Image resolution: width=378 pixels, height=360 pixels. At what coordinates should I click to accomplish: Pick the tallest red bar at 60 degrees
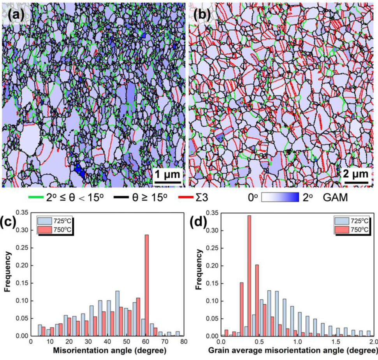pos(147,285)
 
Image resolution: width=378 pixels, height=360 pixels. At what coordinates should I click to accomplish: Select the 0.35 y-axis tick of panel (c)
pos(23,213)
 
